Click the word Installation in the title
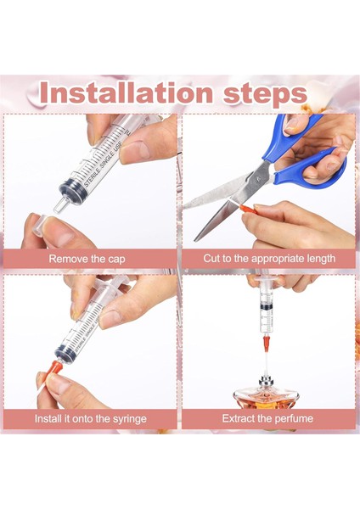pyautogui.click(x=127, y=92)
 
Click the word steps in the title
pyautogui.click(x=265, y=95)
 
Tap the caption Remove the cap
pyautogui.click(x=87, y=259)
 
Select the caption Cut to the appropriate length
pyautogui.click(x=269, y=259)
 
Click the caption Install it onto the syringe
pyautogui.click(x=91, y=418)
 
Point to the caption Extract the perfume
pyautogui.click(x=267, y=418)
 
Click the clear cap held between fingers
pyautogui.click(x=39, y=226)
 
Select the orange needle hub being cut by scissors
pyautogui.click(x=248, y=208)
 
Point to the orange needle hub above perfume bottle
pyautogui.click(x=267, y=343)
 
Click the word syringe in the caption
pyautogui.click(x=130, y=419)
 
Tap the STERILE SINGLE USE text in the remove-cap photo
pyautogui.click(x=104, y=163)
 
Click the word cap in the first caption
pyautogui.click(x=116, y=260)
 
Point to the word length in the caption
pyautogui.click(x=320, y=259)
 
